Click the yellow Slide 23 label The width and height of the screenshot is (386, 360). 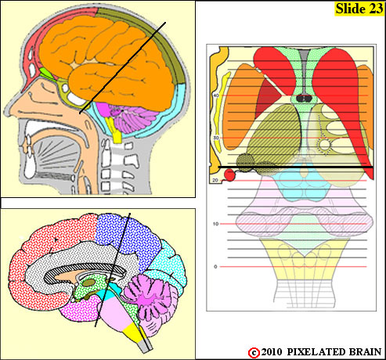point(359,9)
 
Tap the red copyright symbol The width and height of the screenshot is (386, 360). point(254,353)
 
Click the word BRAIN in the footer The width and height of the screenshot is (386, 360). point(365,352)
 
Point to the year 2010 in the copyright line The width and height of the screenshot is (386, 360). point(272,352)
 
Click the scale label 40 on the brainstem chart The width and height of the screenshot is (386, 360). point(216,95)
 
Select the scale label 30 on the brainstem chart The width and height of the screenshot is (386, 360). point(216,138)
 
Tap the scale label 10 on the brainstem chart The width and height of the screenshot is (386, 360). point(215,224)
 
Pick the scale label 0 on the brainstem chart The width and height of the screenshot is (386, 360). point(215,267)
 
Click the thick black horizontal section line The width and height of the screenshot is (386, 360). point(295,167)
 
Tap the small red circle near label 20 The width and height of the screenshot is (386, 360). point(229,175)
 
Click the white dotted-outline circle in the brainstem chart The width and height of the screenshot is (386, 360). point(325,145)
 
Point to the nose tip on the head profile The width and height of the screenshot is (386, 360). point(5,113)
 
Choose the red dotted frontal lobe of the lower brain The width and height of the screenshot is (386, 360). point(49,257)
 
